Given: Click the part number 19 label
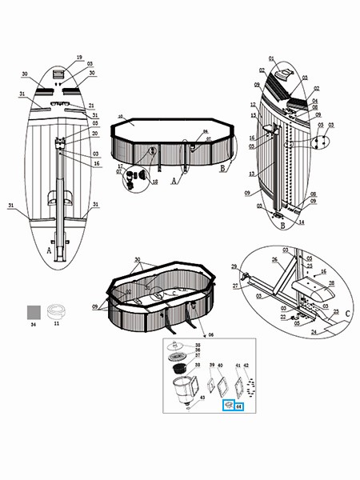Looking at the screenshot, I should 79,57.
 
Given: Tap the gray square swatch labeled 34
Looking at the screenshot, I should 34,310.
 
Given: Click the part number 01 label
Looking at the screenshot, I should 271,58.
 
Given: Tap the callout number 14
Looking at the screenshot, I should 302,223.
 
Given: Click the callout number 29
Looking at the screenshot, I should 234,266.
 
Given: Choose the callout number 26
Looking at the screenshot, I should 274,259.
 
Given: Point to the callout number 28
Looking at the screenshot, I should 331,283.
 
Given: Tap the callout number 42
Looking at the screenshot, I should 246,365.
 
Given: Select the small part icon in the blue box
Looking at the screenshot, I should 227,406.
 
